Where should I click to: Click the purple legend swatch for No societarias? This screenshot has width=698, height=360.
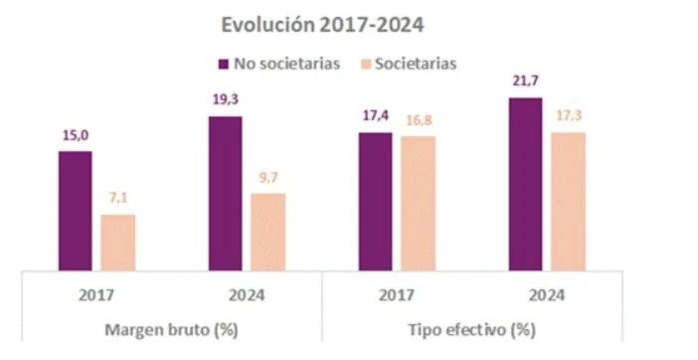pyautogui.click(x=224, y=65)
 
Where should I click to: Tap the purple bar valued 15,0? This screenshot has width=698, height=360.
pyautogui.click(x=76, y=210)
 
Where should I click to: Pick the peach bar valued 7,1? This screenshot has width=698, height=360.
pyautogui.click(x=118, y=242)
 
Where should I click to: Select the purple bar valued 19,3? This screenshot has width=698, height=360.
pyautogui.click(x=226, y=193)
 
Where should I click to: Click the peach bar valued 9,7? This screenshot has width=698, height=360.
pyautogui.click(x=268, y=231)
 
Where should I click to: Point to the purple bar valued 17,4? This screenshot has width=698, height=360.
pyautogui.click(x=375, y=201)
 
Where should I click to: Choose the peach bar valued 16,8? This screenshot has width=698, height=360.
pyautogui.click(x=418, y=203)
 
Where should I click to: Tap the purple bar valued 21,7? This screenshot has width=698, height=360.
pyautogui.click(x=525, y=184)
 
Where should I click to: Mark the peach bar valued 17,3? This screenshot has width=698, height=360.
pyautogui.click(x=568, y=201)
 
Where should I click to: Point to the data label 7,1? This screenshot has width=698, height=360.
pyautogui.click(x=118, y=199)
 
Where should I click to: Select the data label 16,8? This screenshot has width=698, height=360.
pyautogui.click(x=419, y=120)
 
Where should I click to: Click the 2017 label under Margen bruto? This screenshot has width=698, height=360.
pyautogui.click(x=97, y=295)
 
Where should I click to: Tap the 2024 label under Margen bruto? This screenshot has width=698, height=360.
pyautogui.click(x=248, y=295)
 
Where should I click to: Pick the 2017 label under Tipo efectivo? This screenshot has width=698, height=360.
pyautogui.click(x=397, y=295)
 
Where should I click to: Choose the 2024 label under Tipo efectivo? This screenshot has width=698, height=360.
pyautogui.click(x=546, y=295)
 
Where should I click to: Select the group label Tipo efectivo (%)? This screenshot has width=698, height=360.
pyautogui.click(x=471, y=329)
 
